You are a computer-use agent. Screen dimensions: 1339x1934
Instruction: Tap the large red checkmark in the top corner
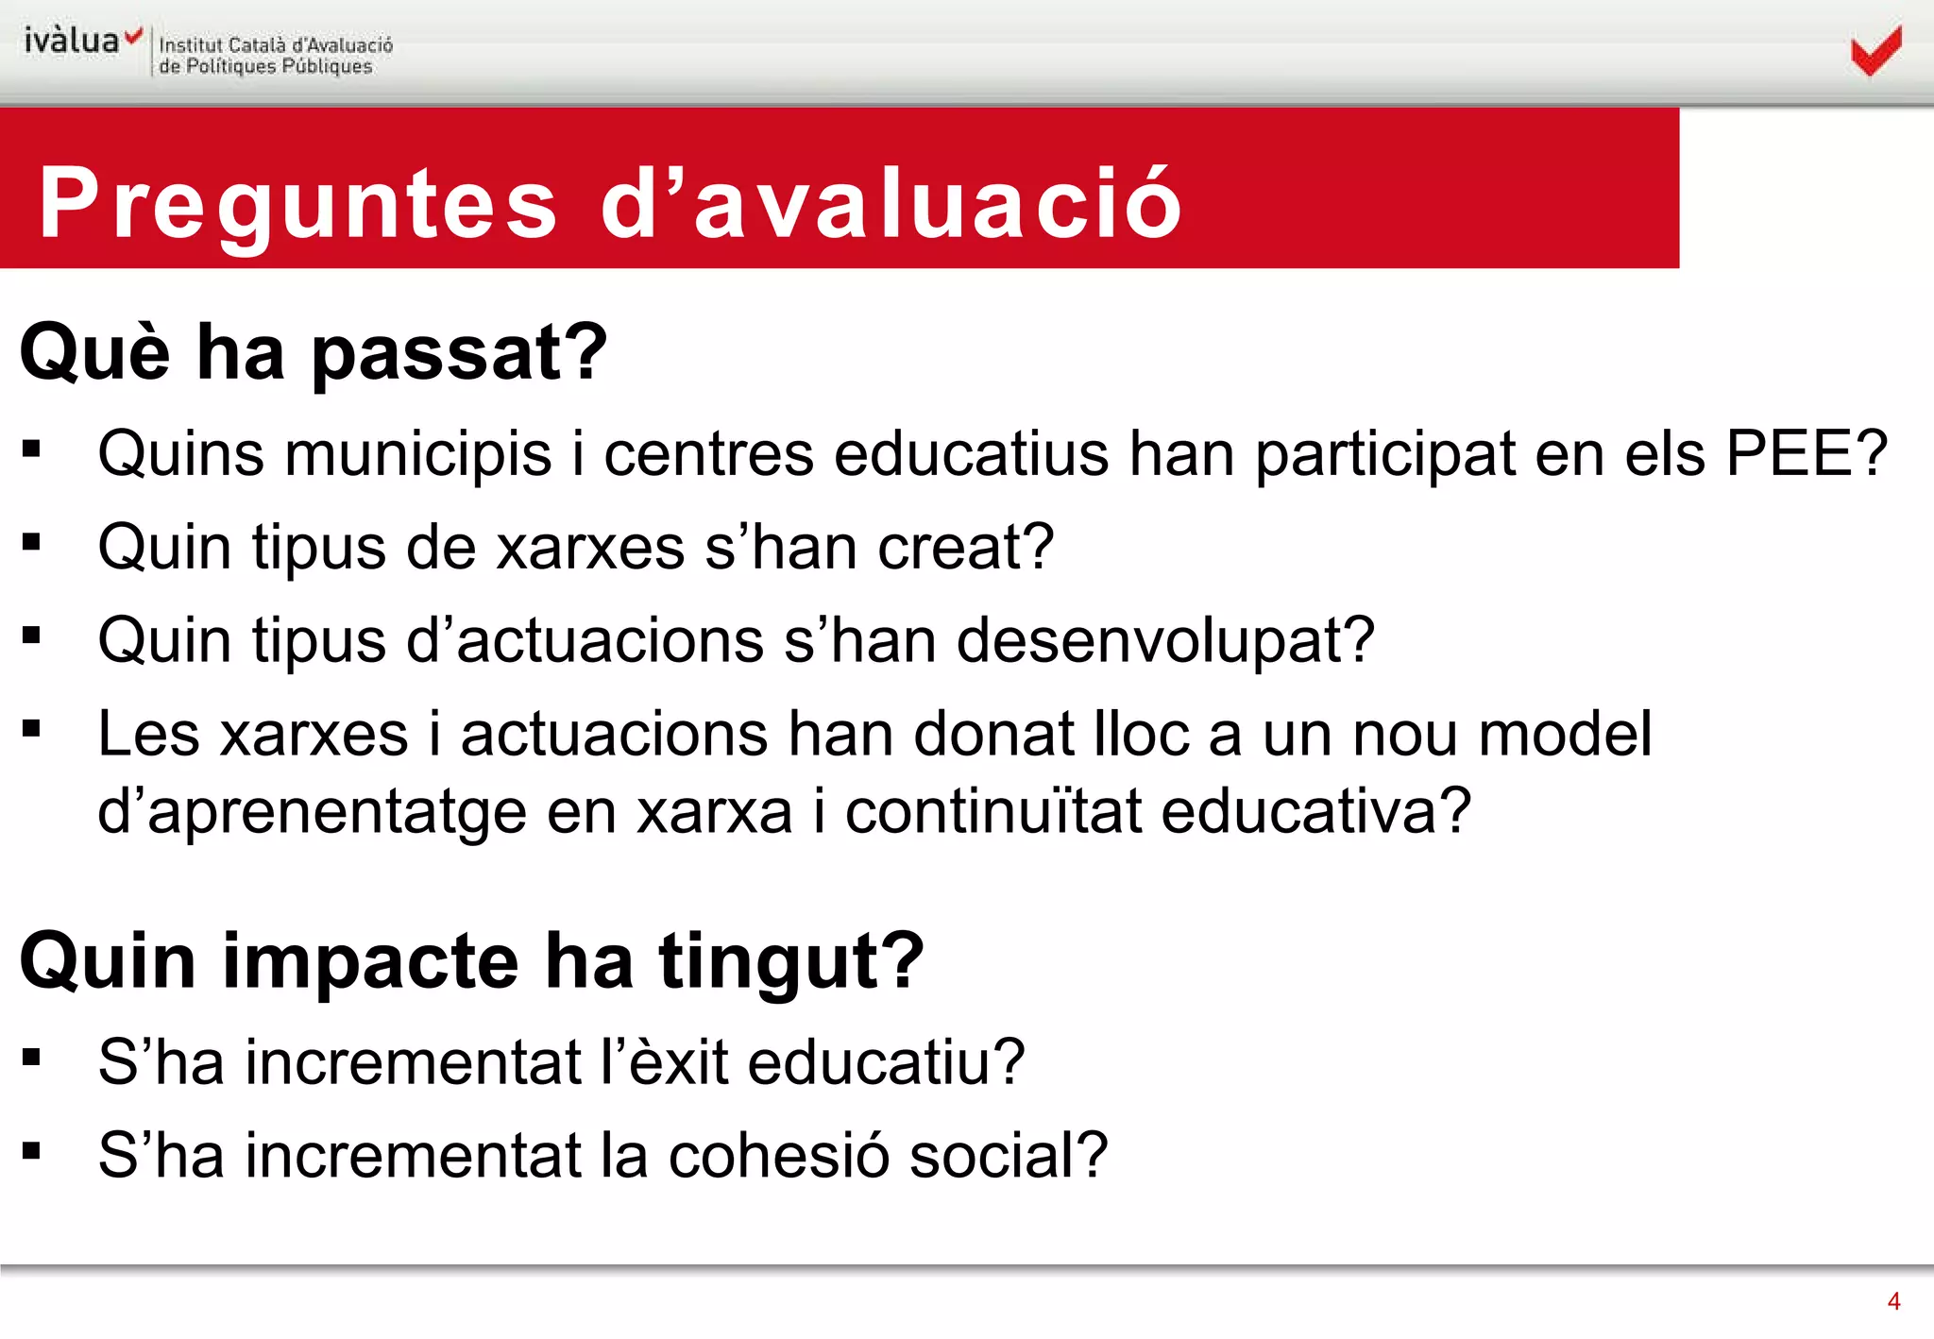pyautogui.click(x=1875, y=51)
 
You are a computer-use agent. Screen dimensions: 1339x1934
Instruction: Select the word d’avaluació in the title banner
pyautogui.click(x=891, y=201)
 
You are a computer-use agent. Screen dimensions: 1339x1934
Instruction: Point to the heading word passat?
pyautogui.click(x=460, y=352)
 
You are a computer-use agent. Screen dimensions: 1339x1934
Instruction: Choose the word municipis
pyautogui.click(x=418, y=455)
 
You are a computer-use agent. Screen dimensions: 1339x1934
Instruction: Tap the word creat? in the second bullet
pyautogui.click(x=965, y=547)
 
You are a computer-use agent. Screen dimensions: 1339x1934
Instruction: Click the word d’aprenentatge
pyautogui.click(x=312, y=812)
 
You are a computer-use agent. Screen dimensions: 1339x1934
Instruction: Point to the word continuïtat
pyautogui.click(x=993, y=810)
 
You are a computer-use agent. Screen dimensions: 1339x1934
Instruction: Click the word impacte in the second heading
pyautogui.click(x=370, y=962)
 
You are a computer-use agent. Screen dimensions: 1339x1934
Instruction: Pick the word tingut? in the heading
pyautogui.click(x=791, y=962)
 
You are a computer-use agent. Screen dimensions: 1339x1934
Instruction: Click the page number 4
pyautogui.click(x=1893, y=1301)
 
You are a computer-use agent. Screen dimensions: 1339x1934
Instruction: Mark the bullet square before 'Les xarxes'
pyautogui.click(x=32, y=728)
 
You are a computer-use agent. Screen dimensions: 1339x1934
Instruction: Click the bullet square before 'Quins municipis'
pyautogui.click(x=32, y=449)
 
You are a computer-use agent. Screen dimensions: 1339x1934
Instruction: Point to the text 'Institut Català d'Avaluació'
pyautogui.click(x=276, y=44)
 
